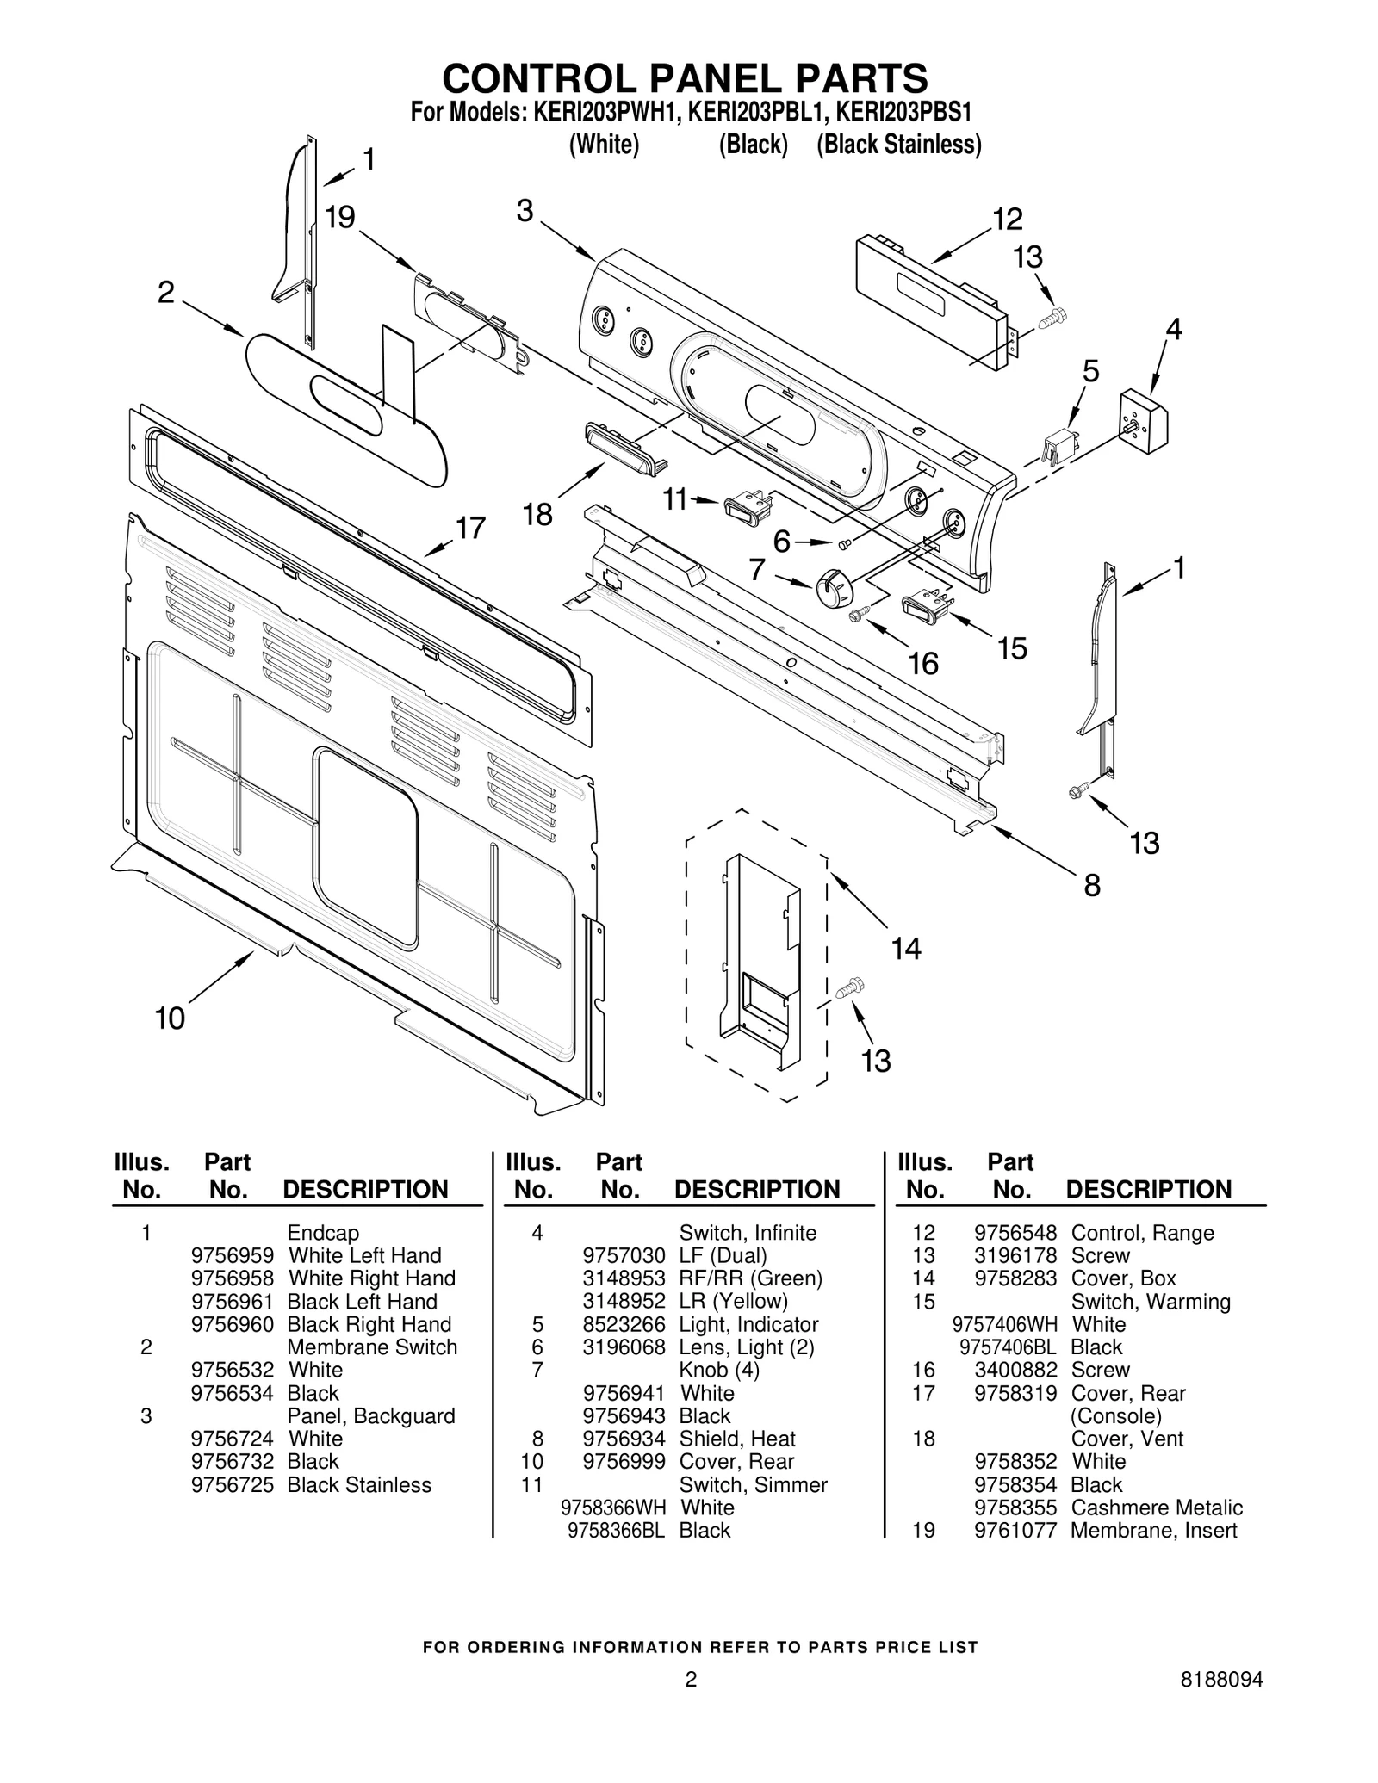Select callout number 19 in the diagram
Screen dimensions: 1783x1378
(340, 217)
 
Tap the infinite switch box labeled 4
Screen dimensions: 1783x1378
(1144, 418)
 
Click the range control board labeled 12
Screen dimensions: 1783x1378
(930, 302)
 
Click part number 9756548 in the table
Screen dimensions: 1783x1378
(1015, 1233)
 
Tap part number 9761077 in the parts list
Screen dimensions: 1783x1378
(1015, 1530)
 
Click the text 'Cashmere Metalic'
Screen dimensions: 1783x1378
(1156, 1508)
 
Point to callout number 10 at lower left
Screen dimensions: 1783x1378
(170, 1018)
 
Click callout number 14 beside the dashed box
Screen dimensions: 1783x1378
(905, 949)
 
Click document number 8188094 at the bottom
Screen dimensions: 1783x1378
(1222, 1680)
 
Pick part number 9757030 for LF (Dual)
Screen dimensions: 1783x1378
(624, 1256)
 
